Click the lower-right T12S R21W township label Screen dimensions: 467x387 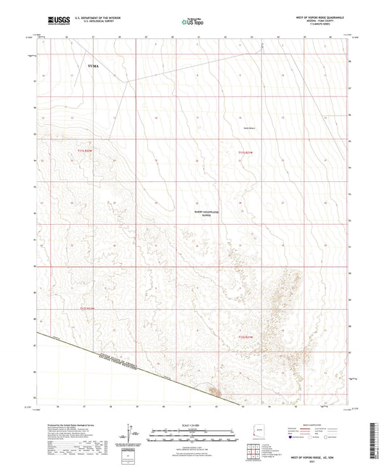[x=247, y=336]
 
